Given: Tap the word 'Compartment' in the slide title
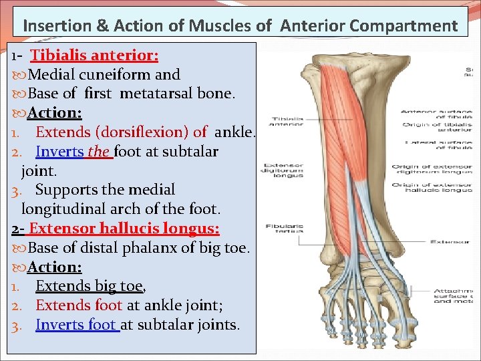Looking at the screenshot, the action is click(x=407, y=26).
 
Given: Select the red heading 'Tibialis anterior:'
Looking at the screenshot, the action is click(x=94, y=55).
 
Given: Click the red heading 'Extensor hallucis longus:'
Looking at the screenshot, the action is click(x=124, y=228).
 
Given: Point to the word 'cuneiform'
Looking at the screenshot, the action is click(x=118, y=74).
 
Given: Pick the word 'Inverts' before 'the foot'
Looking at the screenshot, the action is click(x=59, y=151).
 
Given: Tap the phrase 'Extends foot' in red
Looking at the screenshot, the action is click(x=79, y=305).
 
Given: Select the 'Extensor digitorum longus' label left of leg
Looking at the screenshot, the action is click(x=283, y=170).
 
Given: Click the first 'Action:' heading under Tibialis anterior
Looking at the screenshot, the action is click(x=55, y=113).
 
